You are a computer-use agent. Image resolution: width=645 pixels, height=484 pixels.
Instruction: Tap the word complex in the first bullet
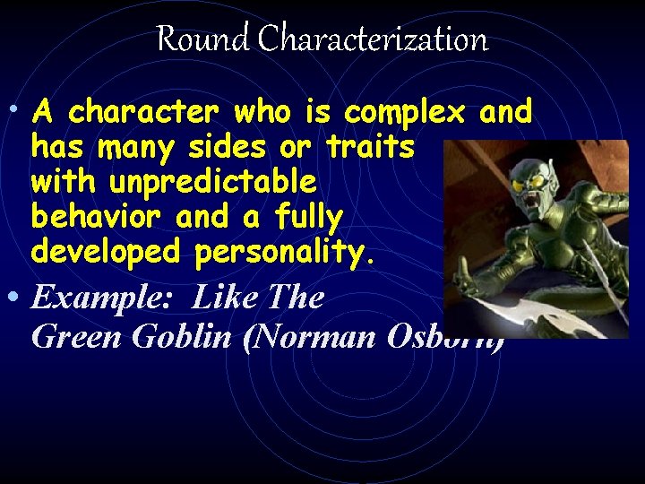coord(404,112)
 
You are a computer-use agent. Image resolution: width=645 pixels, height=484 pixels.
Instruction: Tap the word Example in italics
coord(106,297)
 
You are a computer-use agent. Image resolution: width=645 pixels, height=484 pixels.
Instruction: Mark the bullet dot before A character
coord(16,109)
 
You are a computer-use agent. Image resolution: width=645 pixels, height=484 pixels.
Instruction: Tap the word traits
coord(370,147)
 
